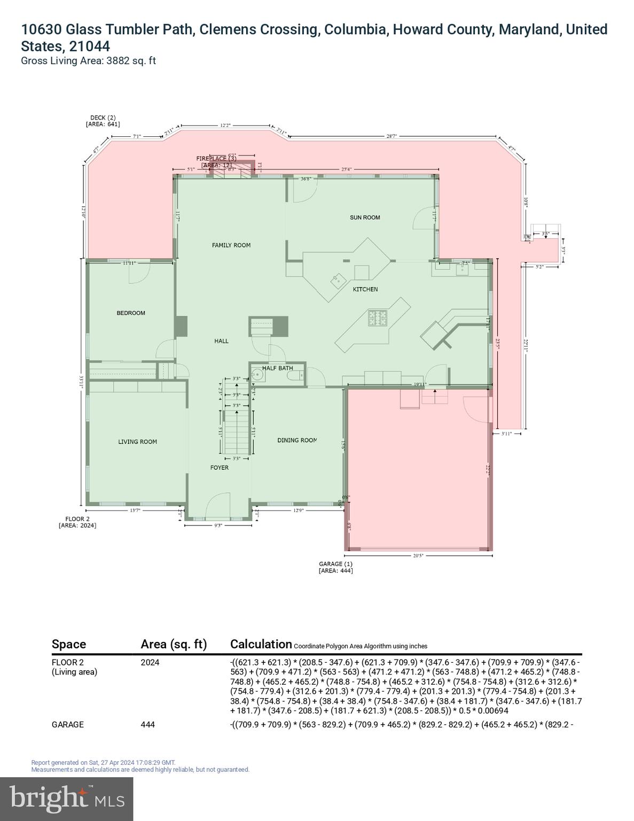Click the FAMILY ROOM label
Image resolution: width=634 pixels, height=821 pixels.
[x=231, y=245]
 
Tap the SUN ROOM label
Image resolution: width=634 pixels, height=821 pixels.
[x=365, y=218]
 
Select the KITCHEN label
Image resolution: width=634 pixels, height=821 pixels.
[x=365, y=289]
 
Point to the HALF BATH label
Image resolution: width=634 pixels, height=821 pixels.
[x=277, y=368]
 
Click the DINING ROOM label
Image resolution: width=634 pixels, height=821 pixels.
[x=297, y=440]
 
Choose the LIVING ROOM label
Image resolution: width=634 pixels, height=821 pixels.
[x=137, y=442]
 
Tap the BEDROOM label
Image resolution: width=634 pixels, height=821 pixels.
[x=131, y=313]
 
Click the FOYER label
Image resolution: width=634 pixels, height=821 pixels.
[x=219, y=468]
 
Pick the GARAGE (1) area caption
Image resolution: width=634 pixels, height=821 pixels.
[x=335, y=567]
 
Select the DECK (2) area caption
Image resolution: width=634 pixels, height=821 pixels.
[x=103, y=121]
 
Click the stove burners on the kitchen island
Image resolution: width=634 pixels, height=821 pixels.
[x=377, y=318]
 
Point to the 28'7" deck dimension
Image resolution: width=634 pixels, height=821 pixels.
[x=392, y=137]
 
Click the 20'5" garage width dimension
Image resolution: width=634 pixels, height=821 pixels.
[x=418, y=555]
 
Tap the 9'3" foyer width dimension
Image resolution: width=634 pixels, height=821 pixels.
[x=218, y=525]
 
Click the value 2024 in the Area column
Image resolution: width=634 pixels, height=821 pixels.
[x=150, y=663]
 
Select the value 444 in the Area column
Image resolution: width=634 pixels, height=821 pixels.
[x=147, y=725]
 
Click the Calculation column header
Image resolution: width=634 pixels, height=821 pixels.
[x=261, y=644]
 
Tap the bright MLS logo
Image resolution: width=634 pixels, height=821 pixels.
[x=67, y=799]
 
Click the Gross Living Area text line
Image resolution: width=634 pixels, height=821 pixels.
[x=88, y=61]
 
